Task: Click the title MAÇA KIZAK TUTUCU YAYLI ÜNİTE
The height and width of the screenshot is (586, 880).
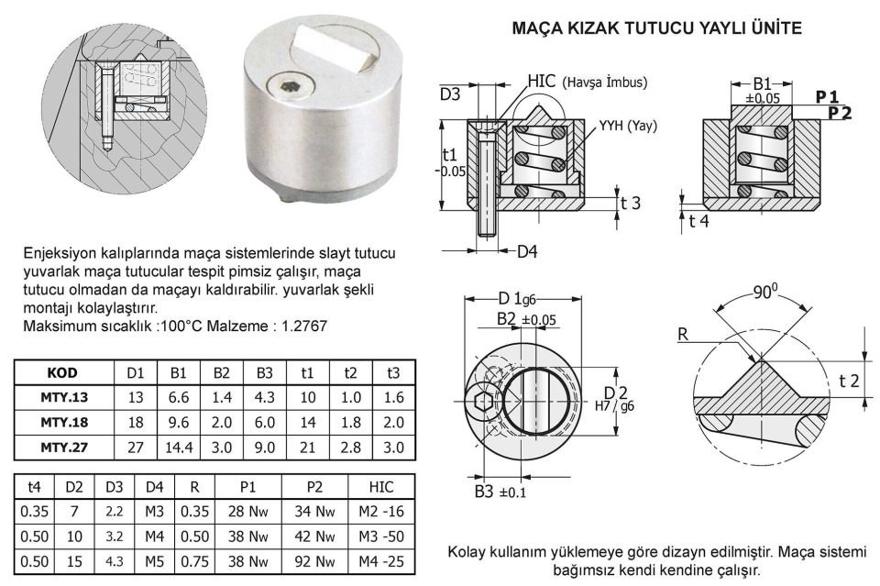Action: [x=657, y=29]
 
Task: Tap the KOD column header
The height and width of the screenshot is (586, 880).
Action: [x=62, y=373]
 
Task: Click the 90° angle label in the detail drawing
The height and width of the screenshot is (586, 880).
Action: [x=764, y=293]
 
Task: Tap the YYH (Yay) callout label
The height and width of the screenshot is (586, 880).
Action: [x=629, y=126]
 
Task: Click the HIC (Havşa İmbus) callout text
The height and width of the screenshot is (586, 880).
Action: [x=587, y=82]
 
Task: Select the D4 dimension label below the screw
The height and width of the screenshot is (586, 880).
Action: [x=526, y=251]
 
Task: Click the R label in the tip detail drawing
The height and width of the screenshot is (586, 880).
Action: [x=682, y=336]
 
